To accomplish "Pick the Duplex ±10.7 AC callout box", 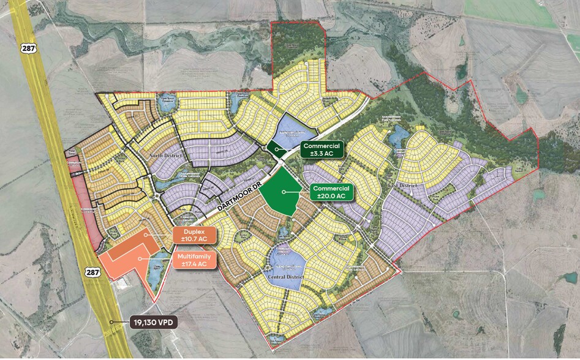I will (x=194, y=236).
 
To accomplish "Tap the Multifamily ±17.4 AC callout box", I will (x=195, y=260).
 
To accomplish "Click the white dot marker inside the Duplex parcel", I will (x=145, y=234).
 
